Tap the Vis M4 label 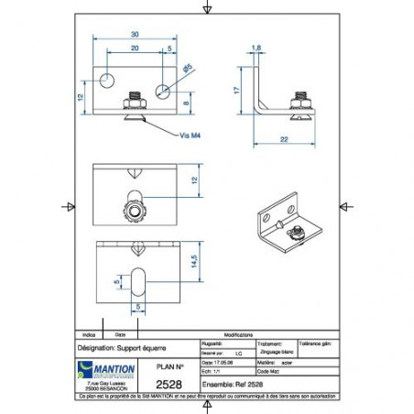190,136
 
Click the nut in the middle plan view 135,212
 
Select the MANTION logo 107,368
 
